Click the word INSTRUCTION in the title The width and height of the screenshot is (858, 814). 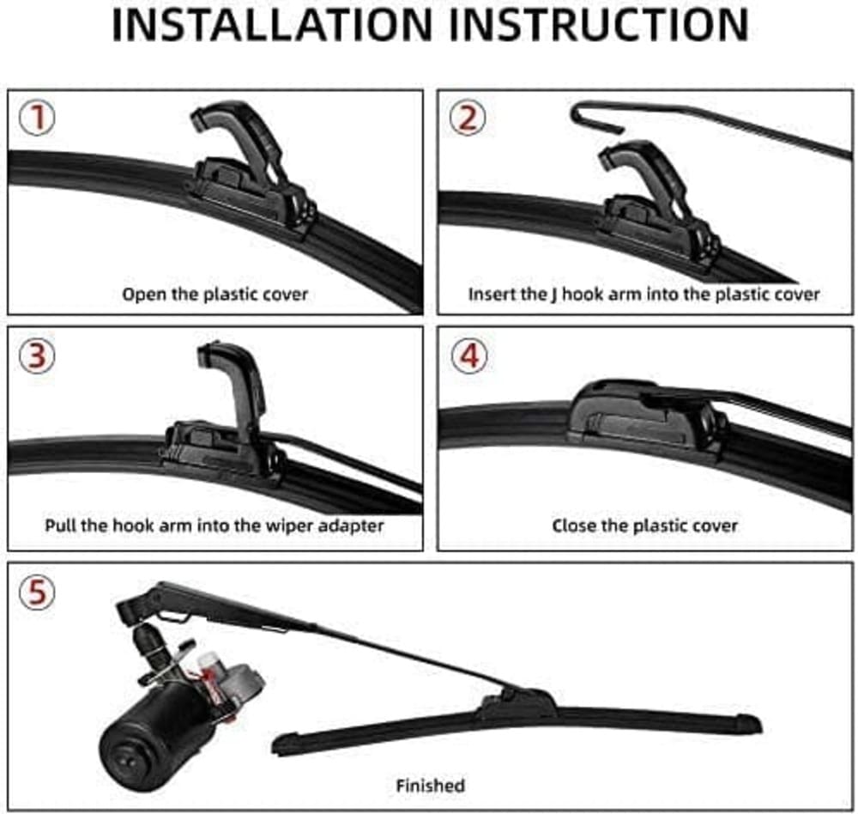point(601,26)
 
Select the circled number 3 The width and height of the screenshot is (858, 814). point(37,355)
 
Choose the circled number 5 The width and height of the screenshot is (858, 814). point(37,592)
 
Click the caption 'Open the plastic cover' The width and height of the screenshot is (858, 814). point(214,295)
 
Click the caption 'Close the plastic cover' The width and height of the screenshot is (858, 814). point(644,525)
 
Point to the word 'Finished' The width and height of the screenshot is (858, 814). point(430,785)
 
